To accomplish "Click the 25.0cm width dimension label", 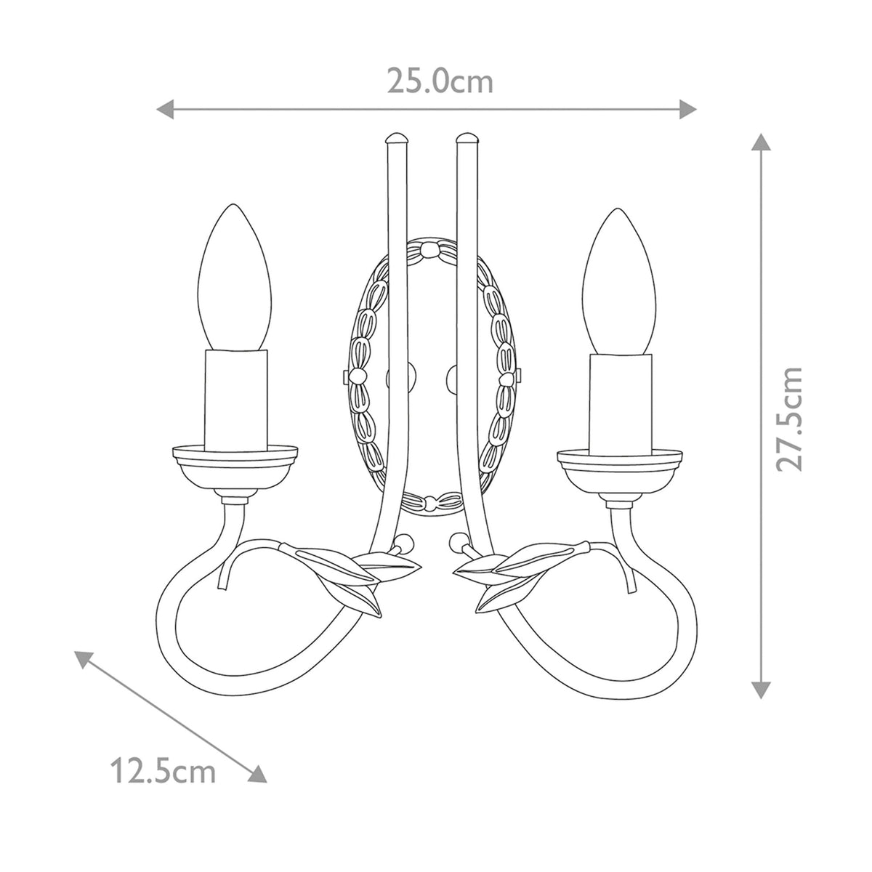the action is coord(440,82).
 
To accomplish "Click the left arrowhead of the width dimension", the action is coord(165,110).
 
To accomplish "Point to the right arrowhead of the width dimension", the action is coord(687,110).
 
